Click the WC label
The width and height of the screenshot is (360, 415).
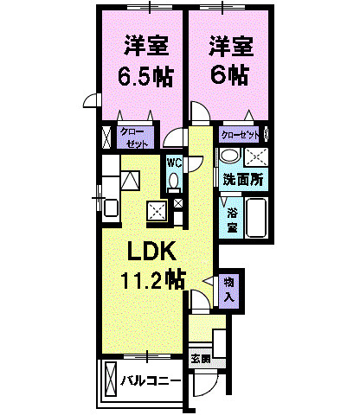[x=173, y=163]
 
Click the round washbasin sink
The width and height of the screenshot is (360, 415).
[x=228, y=156]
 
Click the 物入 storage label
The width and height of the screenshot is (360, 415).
[x=228, y=289]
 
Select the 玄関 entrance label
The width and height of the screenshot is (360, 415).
[x=199, y=358]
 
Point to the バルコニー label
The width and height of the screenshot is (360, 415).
[x=150, y=380]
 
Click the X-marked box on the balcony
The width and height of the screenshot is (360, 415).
[x=110, y=379]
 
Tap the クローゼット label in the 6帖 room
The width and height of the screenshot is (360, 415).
[x=239, y=135]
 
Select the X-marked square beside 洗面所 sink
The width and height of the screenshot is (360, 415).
[x=257, y=156]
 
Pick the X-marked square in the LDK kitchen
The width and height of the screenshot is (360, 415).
[x=156, y=210]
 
